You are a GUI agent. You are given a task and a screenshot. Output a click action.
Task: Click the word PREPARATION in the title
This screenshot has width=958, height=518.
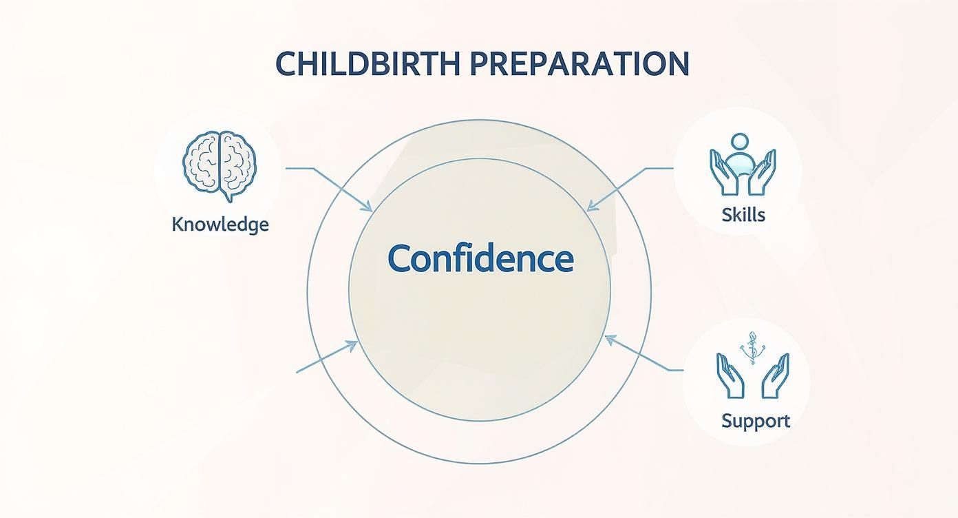point(579,64)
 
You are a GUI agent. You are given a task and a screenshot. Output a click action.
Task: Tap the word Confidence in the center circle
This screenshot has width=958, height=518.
point(480,259)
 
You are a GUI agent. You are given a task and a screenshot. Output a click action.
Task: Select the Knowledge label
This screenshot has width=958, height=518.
point(220,225)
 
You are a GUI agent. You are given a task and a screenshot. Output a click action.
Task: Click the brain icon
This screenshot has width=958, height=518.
point(220,166)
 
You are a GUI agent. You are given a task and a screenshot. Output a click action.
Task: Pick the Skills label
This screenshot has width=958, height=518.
point(743,214)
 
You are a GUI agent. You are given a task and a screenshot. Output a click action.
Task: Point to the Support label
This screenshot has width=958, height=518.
point(755,420)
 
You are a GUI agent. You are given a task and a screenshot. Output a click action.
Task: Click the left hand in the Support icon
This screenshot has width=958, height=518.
point(729,375)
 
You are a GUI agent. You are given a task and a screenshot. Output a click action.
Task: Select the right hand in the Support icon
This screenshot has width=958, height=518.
point(776,375)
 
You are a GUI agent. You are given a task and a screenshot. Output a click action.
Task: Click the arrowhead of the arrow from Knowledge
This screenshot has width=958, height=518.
point(370,209)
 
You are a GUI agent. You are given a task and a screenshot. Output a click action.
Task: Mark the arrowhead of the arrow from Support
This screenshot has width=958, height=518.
point(608,338)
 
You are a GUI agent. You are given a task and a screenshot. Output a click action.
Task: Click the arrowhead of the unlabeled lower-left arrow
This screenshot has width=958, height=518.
point(354,344)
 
